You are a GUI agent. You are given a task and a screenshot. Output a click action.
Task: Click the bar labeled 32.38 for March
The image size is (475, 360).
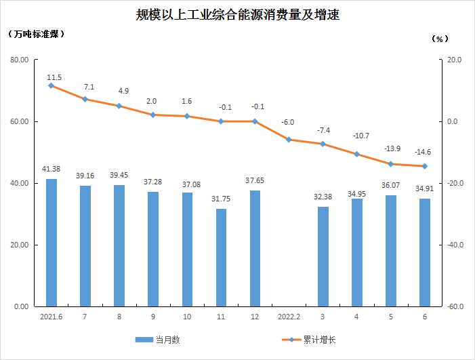[x=323, y=256]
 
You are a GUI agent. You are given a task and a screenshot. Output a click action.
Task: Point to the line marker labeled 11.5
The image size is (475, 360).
[x=51, y=86]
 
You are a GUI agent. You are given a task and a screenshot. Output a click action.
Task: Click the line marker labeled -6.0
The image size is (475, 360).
[x=289, y=140]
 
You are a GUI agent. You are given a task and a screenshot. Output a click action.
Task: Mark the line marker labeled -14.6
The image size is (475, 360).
[x=424, y=166]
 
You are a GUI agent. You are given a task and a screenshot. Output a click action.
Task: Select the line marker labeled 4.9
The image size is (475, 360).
[x=119, y=106]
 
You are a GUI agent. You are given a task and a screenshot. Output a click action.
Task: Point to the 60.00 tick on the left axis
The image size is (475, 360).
[x=18, y=122]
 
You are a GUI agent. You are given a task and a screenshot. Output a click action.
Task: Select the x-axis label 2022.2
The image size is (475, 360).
[x=289, y=317]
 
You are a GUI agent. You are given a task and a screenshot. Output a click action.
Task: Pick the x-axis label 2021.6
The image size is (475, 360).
[x=51, y=317]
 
